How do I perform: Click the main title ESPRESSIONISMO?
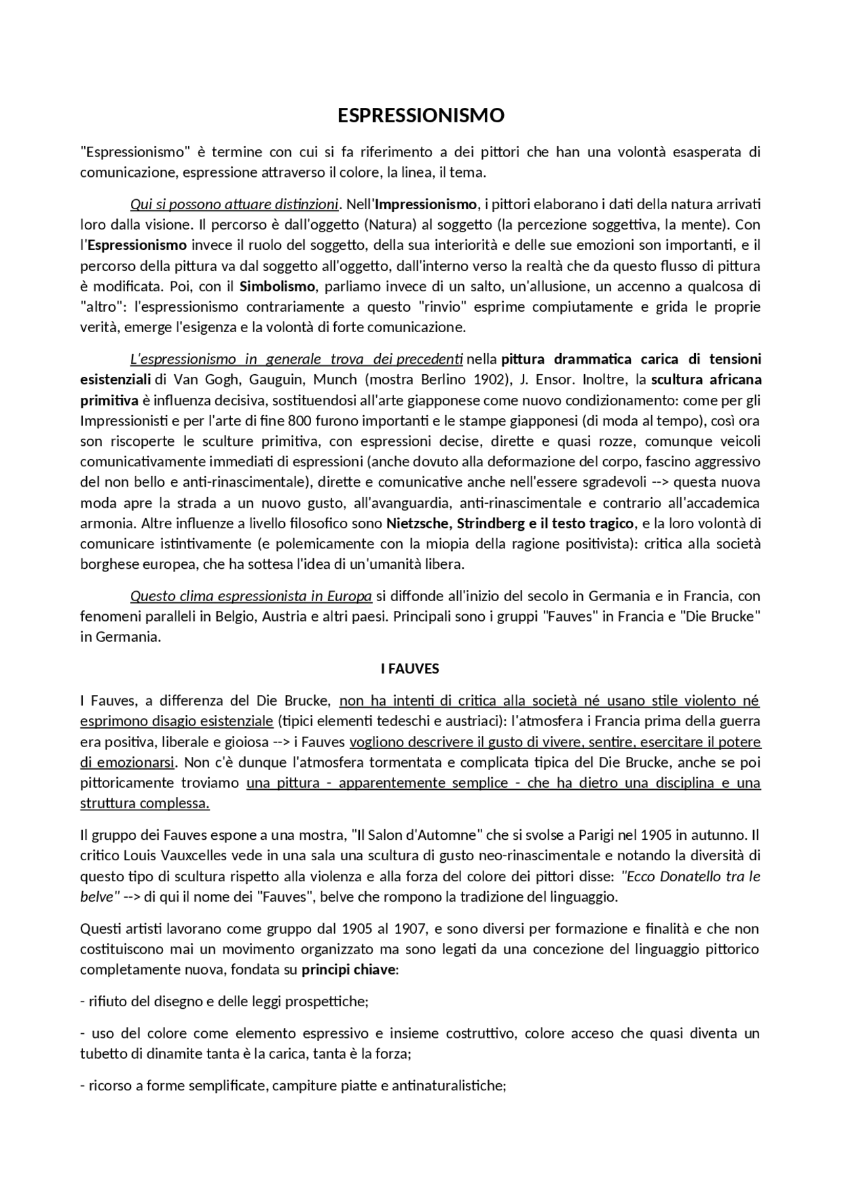point(421,116)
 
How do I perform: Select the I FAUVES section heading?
point(410,669)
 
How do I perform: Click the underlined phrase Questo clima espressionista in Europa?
point(251,596)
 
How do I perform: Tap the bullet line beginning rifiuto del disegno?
point(224,1002)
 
